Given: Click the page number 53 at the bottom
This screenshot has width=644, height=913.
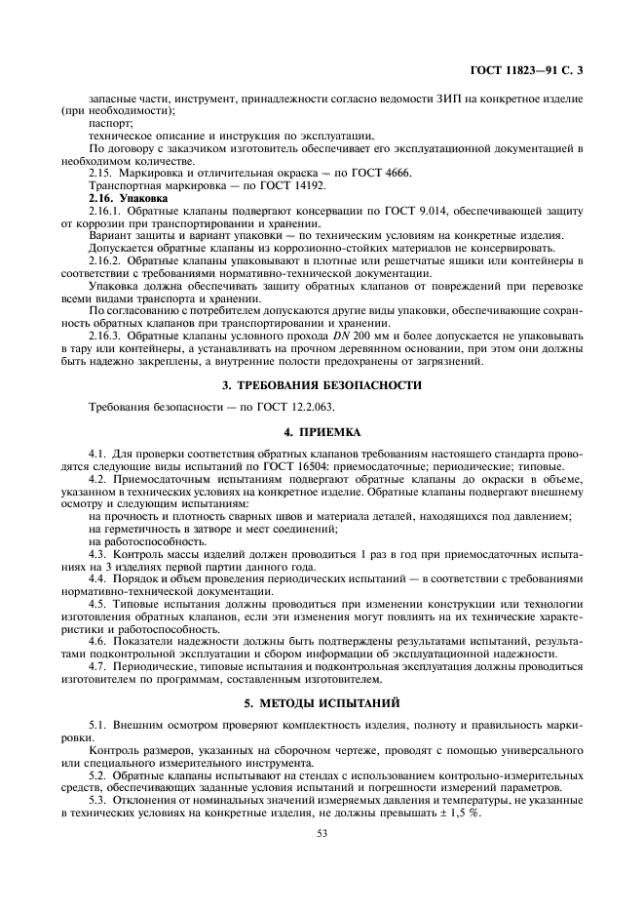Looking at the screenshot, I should click(322, 834).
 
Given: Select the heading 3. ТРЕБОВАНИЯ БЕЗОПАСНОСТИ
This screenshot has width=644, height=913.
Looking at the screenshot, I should click(322, 384).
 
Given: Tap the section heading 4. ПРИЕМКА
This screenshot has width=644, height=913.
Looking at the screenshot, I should click(322, 430).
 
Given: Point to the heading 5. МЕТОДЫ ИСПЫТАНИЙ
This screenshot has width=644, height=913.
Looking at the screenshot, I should click(322, 702).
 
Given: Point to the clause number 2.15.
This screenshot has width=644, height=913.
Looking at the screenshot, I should click(100, 173).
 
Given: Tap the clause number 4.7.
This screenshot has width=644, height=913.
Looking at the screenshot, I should click(97, 667).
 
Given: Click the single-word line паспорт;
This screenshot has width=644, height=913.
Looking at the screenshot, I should click(109, 125).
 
